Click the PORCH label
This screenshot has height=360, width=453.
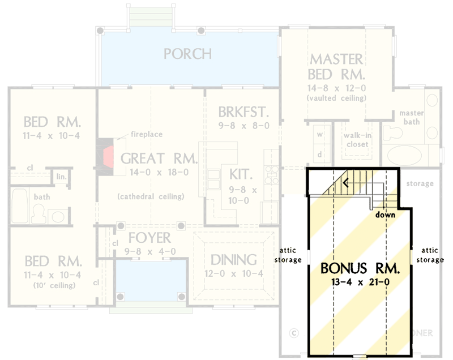[x=187, y=54]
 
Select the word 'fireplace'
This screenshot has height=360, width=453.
[x=147, y=134]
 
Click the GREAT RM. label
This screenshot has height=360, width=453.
[x=159, y=157]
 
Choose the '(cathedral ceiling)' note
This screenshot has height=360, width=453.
[x=151, y=196]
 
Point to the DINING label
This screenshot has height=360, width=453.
[x=234, y=260]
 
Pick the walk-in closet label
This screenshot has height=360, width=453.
[x=356, y=140]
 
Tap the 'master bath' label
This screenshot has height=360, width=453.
[x=412, y=117]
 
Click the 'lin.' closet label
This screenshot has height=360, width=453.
[x=61, y=177]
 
